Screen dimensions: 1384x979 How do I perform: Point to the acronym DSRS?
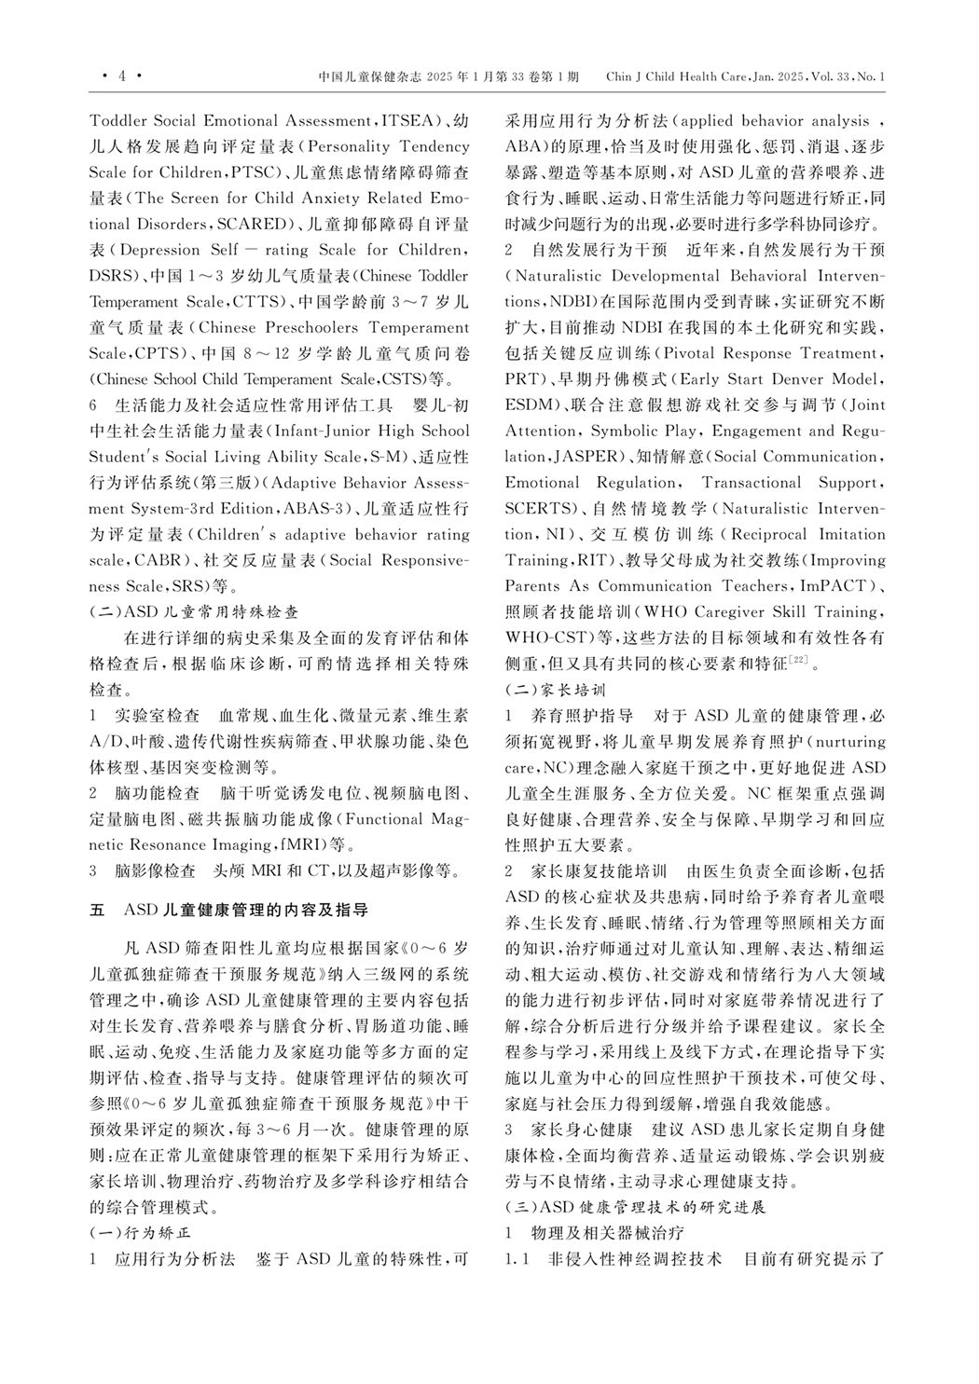click(x=111, y=277)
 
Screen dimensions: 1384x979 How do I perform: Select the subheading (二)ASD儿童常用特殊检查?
click(x=194, y=612)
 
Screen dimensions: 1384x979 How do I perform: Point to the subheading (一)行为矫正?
click(x=140, y=1231)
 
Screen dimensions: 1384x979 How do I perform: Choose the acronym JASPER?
click(x=586, y=458)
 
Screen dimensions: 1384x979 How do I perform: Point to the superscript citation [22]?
click(x=799, y=661)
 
